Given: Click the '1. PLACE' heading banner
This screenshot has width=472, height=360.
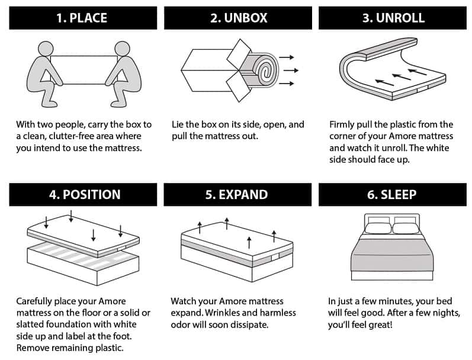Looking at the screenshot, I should click(83, 18).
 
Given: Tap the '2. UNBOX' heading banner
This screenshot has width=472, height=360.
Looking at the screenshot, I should click(237, 18).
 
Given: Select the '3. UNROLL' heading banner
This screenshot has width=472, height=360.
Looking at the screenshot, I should click(393, 18).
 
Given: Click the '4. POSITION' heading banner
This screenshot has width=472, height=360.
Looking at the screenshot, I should click(83, 194).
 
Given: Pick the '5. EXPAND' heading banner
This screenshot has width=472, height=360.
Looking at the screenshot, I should click(237, 194).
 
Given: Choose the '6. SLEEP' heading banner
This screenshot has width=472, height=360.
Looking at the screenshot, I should click(393, 194).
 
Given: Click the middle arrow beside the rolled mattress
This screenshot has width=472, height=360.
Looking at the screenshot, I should click(288, 70).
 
